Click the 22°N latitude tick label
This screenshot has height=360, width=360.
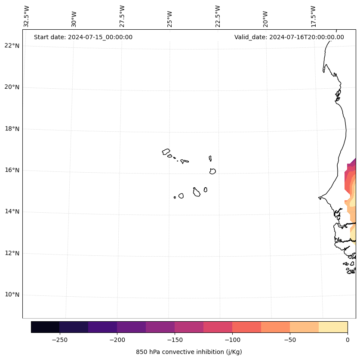pyautogui.click(x=12, y=46)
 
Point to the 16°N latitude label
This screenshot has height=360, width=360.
pyautogui.click(x=12, y=170)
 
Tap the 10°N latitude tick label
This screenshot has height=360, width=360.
pyautogui.click(x=12, y=295)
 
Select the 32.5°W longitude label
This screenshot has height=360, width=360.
pyautogui.click(x=27, y=16)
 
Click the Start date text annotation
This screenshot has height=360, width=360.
pyautogui.click(x=83, y=37)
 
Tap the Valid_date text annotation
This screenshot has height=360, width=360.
pyautogui.click(x=289, y=37)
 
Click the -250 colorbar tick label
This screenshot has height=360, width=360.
pyautogui.click(x=59, y=340)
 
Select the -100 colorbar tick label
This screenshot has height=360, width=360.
pyautogui.click(x=232, y=340)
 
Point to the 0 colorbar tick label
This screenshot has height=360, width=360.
pyautogui.click(x=348, y=340)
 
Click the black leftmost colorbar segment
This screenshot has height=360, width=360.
pyautogui.click(x=45, y=327)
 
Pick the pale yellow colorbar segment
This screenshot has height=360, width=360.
pyautogui.click(x=333, y=327)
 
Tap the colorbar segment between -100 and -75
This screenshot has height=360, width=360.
pyautogui.click(x=247, y=327)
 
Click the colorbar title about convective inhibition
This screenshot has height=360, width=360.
pyautogui.click(x=189, y=352)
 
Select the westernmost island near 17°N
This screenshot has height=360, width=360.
pyautogui.click(x=166, y=152)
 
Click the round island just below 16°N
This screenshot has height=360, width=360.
pyautogui.click(x=212, y=171)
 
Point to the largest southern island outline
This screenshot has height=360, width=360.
pyautogui.click(x=197, y=192)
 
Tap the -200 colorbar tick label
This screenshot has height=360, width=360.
pyautogui.click(x=117, y=340)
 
